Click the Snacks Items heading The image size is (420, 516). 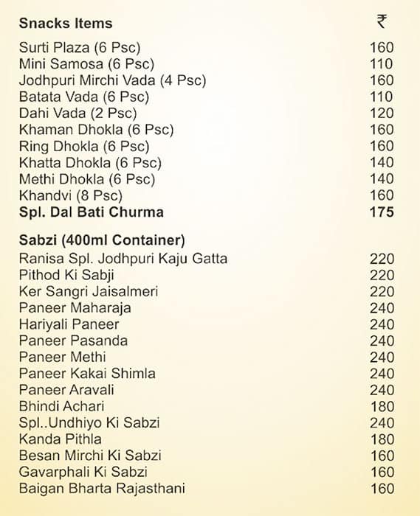(66, 24)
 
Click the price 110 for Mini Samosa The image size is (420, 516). (382, 64)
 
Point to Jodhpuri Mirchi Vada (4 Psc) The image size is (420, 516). (112, 80)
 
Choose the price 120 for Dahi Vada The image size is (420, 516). (382, 114)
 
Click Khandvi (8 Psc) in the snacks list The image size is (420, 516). (71, 195)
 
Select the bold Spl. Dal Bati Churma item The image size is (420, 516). (92, 212)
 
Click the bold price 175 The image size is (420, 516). (382, 212)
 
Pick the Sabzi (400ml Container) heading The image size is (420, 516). (102, 240)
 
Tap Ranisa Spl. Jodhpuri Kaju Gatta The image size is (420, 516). (123, 258)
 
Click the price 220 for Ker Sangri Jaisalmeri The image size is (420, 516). (382, 291)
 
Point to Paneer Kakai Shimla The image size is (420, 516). (87, 373)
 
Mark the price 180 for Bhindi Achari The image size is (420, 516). (382, 406)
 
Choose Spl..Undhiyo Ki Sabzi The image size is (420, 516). (89, 422)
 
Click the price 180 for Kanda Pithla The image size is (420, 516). (382, 439)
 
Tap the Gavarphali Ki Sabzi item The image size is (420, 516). (83, 472)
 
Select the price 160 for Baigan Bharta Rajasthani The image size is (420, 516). (382, 488)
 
